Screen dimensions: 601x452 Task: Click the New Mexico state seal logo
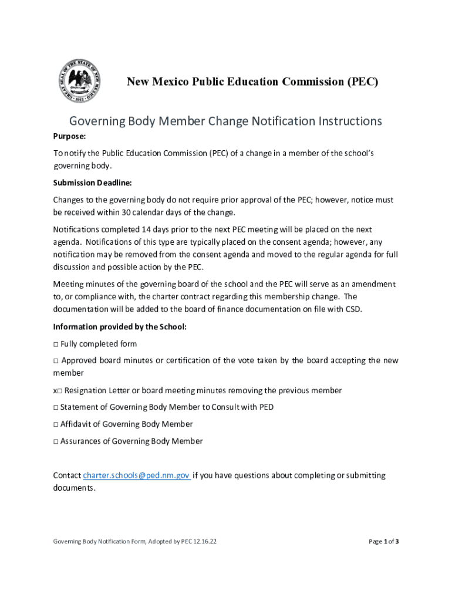[76, 80]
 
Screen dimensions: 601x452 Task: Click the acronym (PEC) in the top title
[363, 82]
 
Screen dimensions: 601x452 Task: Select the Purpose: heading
[69, 136]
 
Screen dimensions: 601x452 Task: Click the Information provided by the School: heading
[120, 327]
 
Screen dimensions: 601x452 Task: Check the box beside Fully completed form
[56, 344]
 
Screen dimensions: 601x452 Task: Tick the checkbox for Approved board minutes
[56, 360]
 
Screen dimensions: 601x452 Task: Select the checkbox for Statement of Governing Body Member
[56, 407]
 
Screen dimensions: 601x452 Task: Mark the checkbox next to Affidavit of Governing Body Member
[56, 424]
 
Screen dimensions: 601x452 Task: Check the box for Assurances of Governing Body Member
[56, 441]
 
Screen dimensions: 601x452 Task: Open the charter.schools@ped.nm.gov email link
[136, 475]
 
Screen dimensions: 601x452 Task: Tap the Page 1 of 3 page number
[384, 541]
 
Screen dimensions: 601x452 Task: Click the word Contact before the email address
[67, 475]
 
